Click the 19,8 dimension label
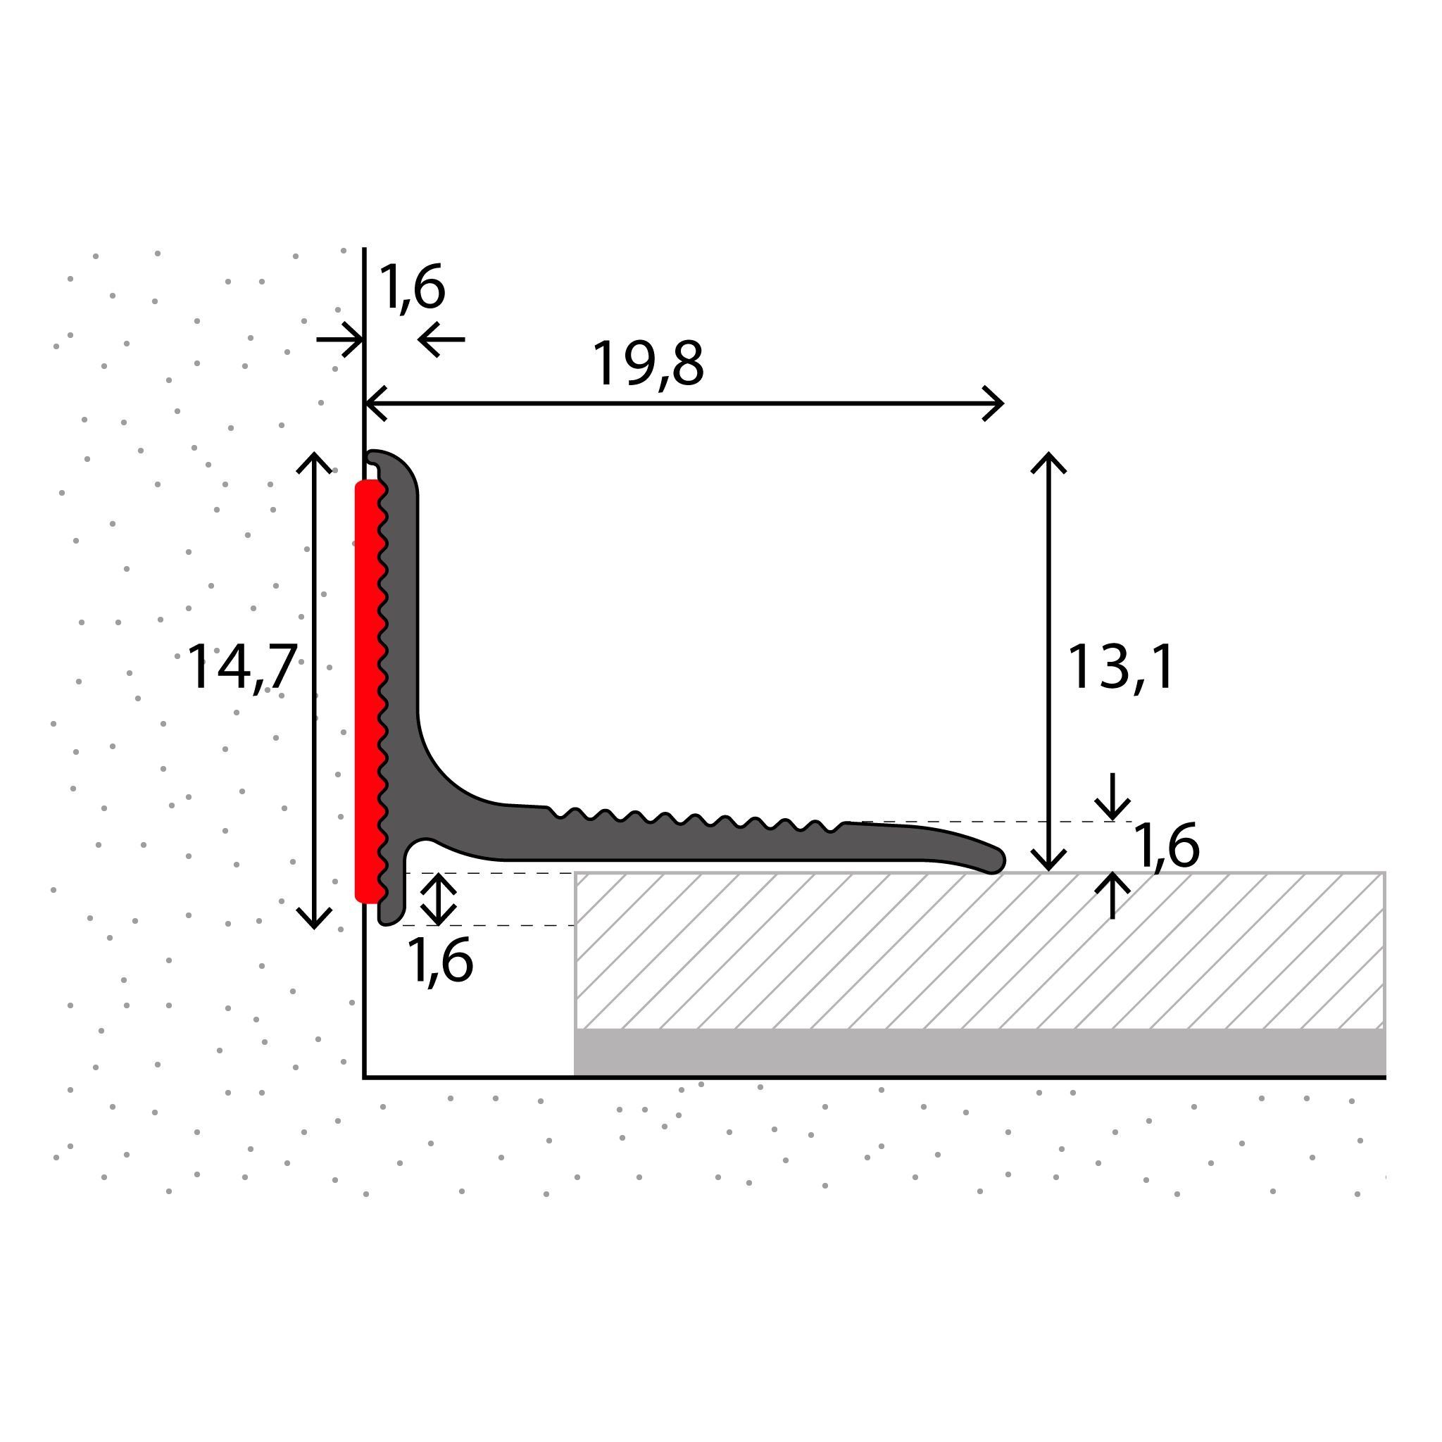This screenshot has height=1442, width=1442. point(647,364)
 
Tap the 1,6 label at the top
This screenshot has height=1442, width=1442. point(412,287)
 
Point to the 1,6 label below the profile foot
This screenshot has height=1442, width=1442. point(439,962)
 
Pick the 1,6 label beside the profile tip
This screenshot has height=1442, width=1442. point(1166,846)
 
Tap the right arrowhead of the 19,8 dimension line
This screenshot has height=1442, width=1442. point(996,403)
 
